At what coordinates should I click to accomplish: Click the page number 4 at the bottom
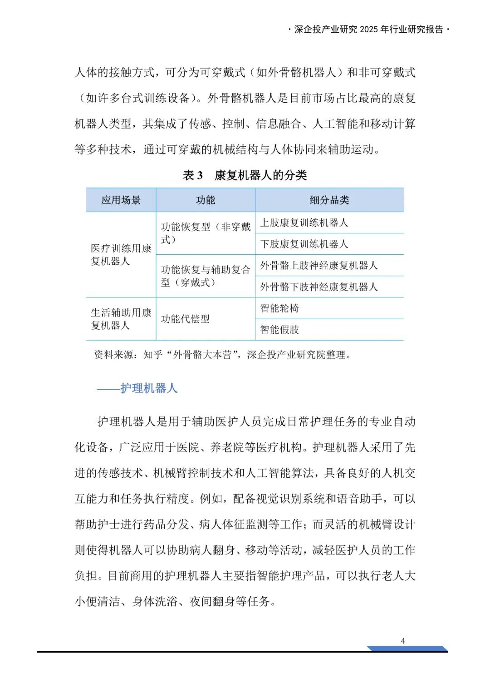click(403, 641)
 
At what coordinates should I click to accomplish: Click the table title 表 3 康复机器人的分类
click(245, 175)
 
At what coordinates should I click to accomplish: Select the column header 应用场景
click(121, 200)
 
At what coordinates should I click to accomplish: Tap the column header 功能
click(205, 200)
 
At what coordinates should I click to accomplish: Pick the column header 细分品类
click(329, 200)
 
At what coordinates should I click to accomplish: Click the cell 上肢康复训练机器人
click(304, 223)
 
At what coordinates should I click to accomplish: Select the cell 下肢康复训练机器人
click(304, 244)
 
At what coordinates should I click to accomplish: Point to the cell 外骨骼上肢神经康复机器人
click(318, 266)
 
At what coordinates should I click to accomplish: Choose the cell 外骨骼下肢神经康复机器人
click(318, 287)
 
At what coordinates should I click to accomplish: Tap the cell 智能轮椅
click(279, 308)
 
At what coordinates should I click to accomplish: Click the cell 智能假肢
click(279, 330)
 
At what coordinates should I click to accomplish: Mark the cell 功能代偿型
click(185, 319)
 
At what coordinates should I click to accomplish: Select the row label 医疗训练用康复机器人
click(121, 255)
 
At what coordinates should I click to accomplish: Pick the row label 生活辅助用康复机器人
click(121, 319)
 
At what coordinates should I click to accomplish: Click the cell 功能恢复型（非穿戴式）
click(205, 233)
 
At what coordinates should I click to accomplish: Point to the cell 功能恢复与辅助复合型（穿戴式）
click(205, 276)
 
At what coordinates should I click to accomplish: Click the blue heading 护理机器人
click(148, 388)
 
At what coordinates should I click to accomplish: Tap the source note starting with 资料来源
click(222, 355)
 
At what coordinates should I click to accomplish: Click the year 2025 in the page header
click(368, 30)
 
